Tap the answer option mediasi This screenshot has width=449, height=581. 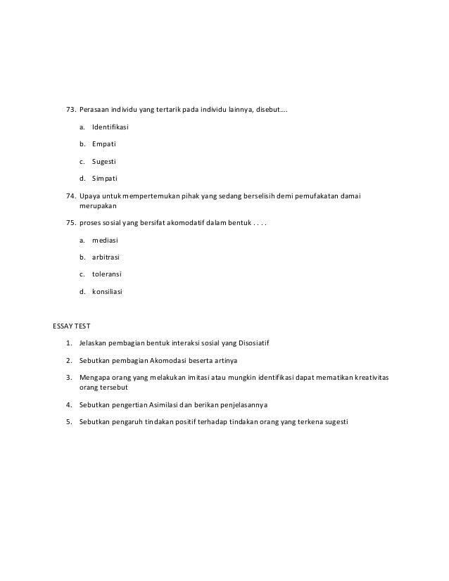106,240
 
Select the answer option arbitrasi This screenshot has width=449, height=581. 107,257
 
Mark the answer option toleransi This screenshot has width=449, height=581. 108,274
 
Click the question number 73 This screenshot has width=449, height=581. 70,110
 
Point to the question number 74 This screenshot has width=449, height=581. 70,195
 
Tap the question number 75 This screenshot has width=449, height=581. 70,223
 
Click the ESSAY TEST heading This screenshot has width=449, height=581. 72,326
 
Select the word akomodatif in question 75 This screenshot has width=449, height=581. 182,223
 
